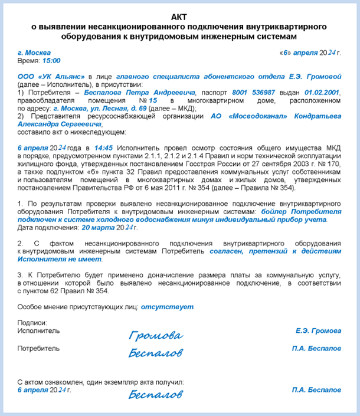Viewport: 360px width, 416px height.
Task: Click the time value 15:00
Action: (51, 61)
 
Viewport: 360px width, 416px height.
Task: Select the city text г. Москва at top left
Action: (34, 53)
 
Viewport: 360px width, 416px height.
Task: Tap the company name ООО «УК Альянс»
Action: (51, 77)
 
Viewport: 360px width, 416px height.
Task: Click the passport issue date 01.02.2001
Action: (323, 93)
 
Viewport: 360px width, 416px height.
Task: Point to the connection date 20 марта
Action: (98, 227)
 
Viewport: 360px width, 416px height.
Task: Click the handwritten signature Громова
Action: (156, 336)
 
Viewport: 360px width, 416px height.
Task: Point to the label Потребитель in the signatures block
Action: (38, 349)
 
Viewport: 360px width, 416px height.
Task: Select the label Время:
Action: (28, 61)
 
